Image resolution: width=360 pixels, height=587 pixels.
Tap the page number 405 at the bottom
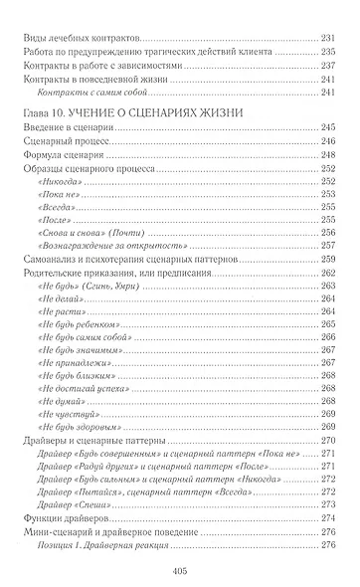coord(180,570)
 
